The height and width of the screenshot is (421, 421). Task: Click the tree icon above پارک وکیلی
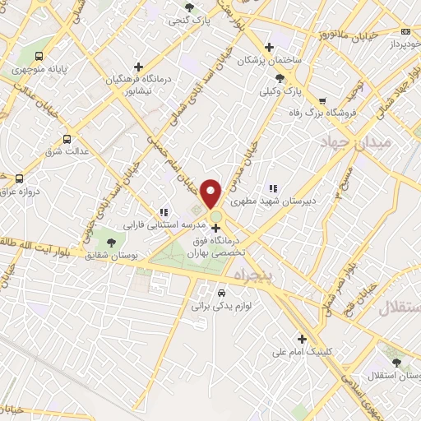click(280, 78)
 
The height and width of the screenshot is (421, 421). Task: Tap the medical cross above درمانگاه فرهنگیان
click(138, 67)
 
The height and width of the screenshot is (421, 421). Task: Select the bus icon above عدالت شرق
click(67, 139)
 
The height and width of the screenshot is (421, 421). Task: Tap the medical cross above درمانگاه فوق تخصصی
click(216, 228)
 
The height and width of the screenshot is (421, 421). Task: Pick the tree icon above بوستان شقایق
click(111, 241)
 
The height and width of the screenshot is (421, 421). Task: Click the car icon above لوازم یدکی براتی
click(221, 293)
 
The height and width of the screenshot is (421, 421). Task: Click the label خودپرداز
click(399, 41)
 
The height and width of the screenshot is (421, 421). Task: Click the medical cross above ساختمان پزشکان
click(269, 46)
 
